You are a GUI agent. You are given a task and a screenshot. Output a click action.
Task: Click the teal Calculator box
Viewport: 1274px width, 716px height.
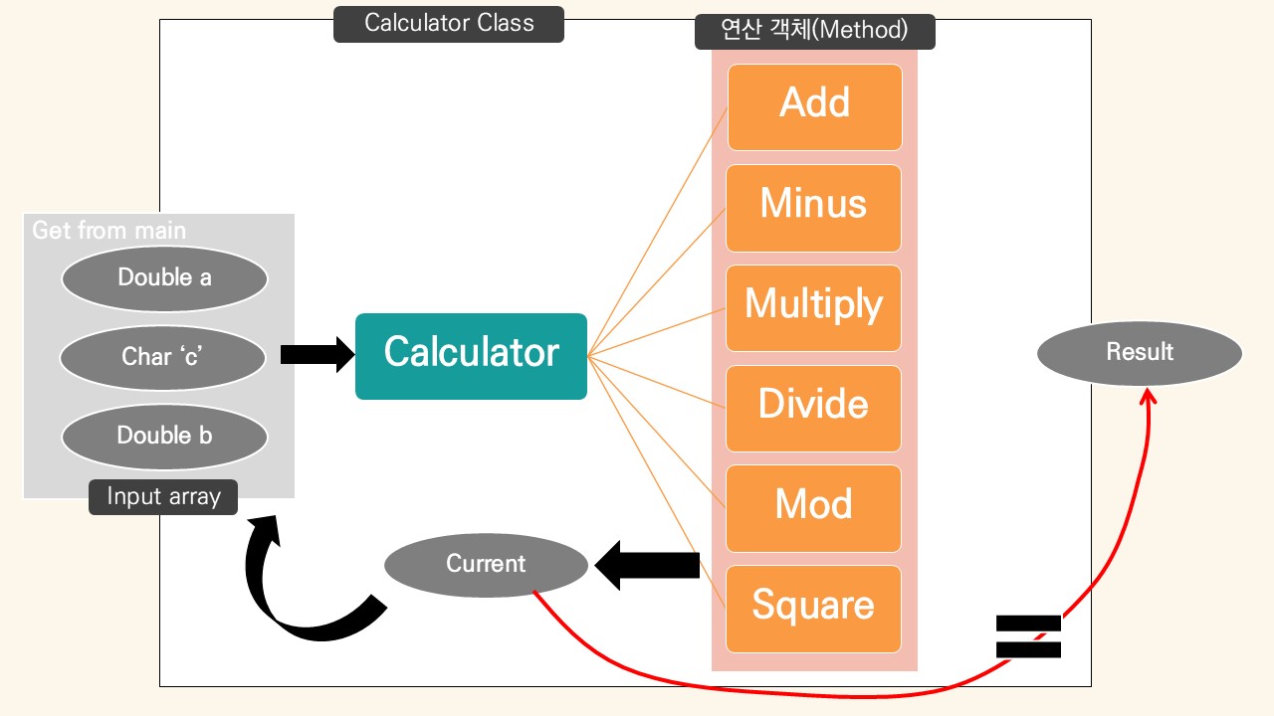[x=471, y=356]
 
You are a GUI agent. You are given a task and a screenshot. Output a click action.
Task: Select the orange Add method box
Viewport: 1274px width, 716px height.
[x=814, y=106]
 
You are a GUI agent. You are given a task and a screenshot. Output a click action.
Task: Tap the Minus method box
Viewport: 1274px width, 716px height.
[x=813, y=207]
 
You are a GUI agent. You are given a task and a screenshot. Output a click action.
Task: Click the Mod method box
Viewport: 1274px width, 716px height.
[x=813, y=507]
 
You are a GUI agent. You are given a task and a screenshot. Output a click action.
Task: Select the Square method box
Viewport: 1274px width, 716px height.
[x=813, y=608]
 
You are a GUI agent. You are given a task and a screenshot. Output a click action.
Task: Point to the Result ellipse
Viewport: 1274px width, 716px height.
[x=1140, y=352]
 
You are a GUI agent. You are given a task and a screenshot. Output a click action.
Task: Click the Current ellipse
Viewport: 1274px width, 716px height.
[x=486, y=564]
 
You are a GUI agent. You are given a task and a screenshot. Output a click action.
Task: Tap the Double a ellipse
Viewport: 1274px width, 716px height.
[x=164, y=277]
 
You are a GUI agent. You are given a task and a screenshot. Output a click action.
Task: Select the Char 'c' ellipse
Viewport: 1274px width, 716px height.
[x=162, y=356]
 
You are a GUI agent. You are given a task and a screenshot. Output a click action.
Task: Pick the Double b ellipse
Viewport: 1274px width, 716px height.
[x=164, y=436]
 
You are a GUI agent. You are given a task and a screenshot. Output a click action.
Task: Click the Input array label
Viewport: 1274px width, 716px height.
[x=163, y=496]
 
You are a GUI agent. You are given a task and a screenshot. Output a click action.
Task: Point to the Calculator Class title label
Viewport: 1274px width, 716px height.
[x=449, y=24]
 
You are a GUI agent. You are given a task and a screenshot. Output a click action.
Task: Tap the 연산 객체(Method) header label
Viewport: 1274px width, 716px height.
[x=814, y=31]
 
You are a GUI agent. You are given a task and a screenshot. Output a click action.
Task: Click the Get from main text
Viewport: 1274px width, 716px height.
[x=108, y=231]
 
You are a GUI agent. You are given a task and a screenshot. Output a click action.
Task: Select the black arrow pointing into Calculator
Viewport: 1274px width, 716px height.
[x=317, y=354]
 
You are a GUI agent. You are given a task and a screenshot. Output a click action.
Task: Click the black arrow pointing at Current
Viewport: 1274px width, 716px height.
[x=647, y=565]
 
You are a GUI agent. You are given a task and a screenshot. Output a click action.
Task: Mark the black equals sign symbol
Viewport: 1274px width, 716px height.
[x=1029, y=636]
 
